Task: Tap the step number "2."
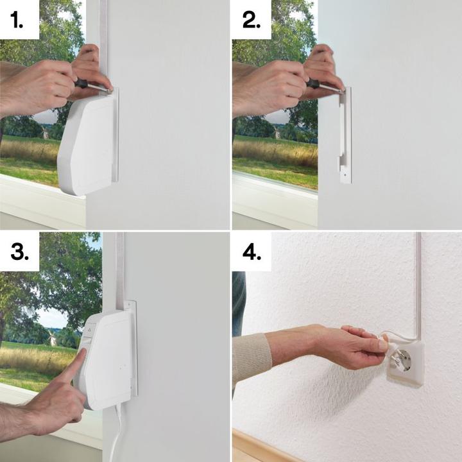coord(252,21)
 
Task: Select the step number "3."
coord(19,252)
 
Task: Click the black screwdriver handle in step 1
coord(81,83)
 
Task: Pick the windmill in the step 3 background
coord(52,338)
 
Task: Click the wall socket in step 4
coord(406,363)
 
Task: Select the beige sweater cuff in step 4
coord(252,356)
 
